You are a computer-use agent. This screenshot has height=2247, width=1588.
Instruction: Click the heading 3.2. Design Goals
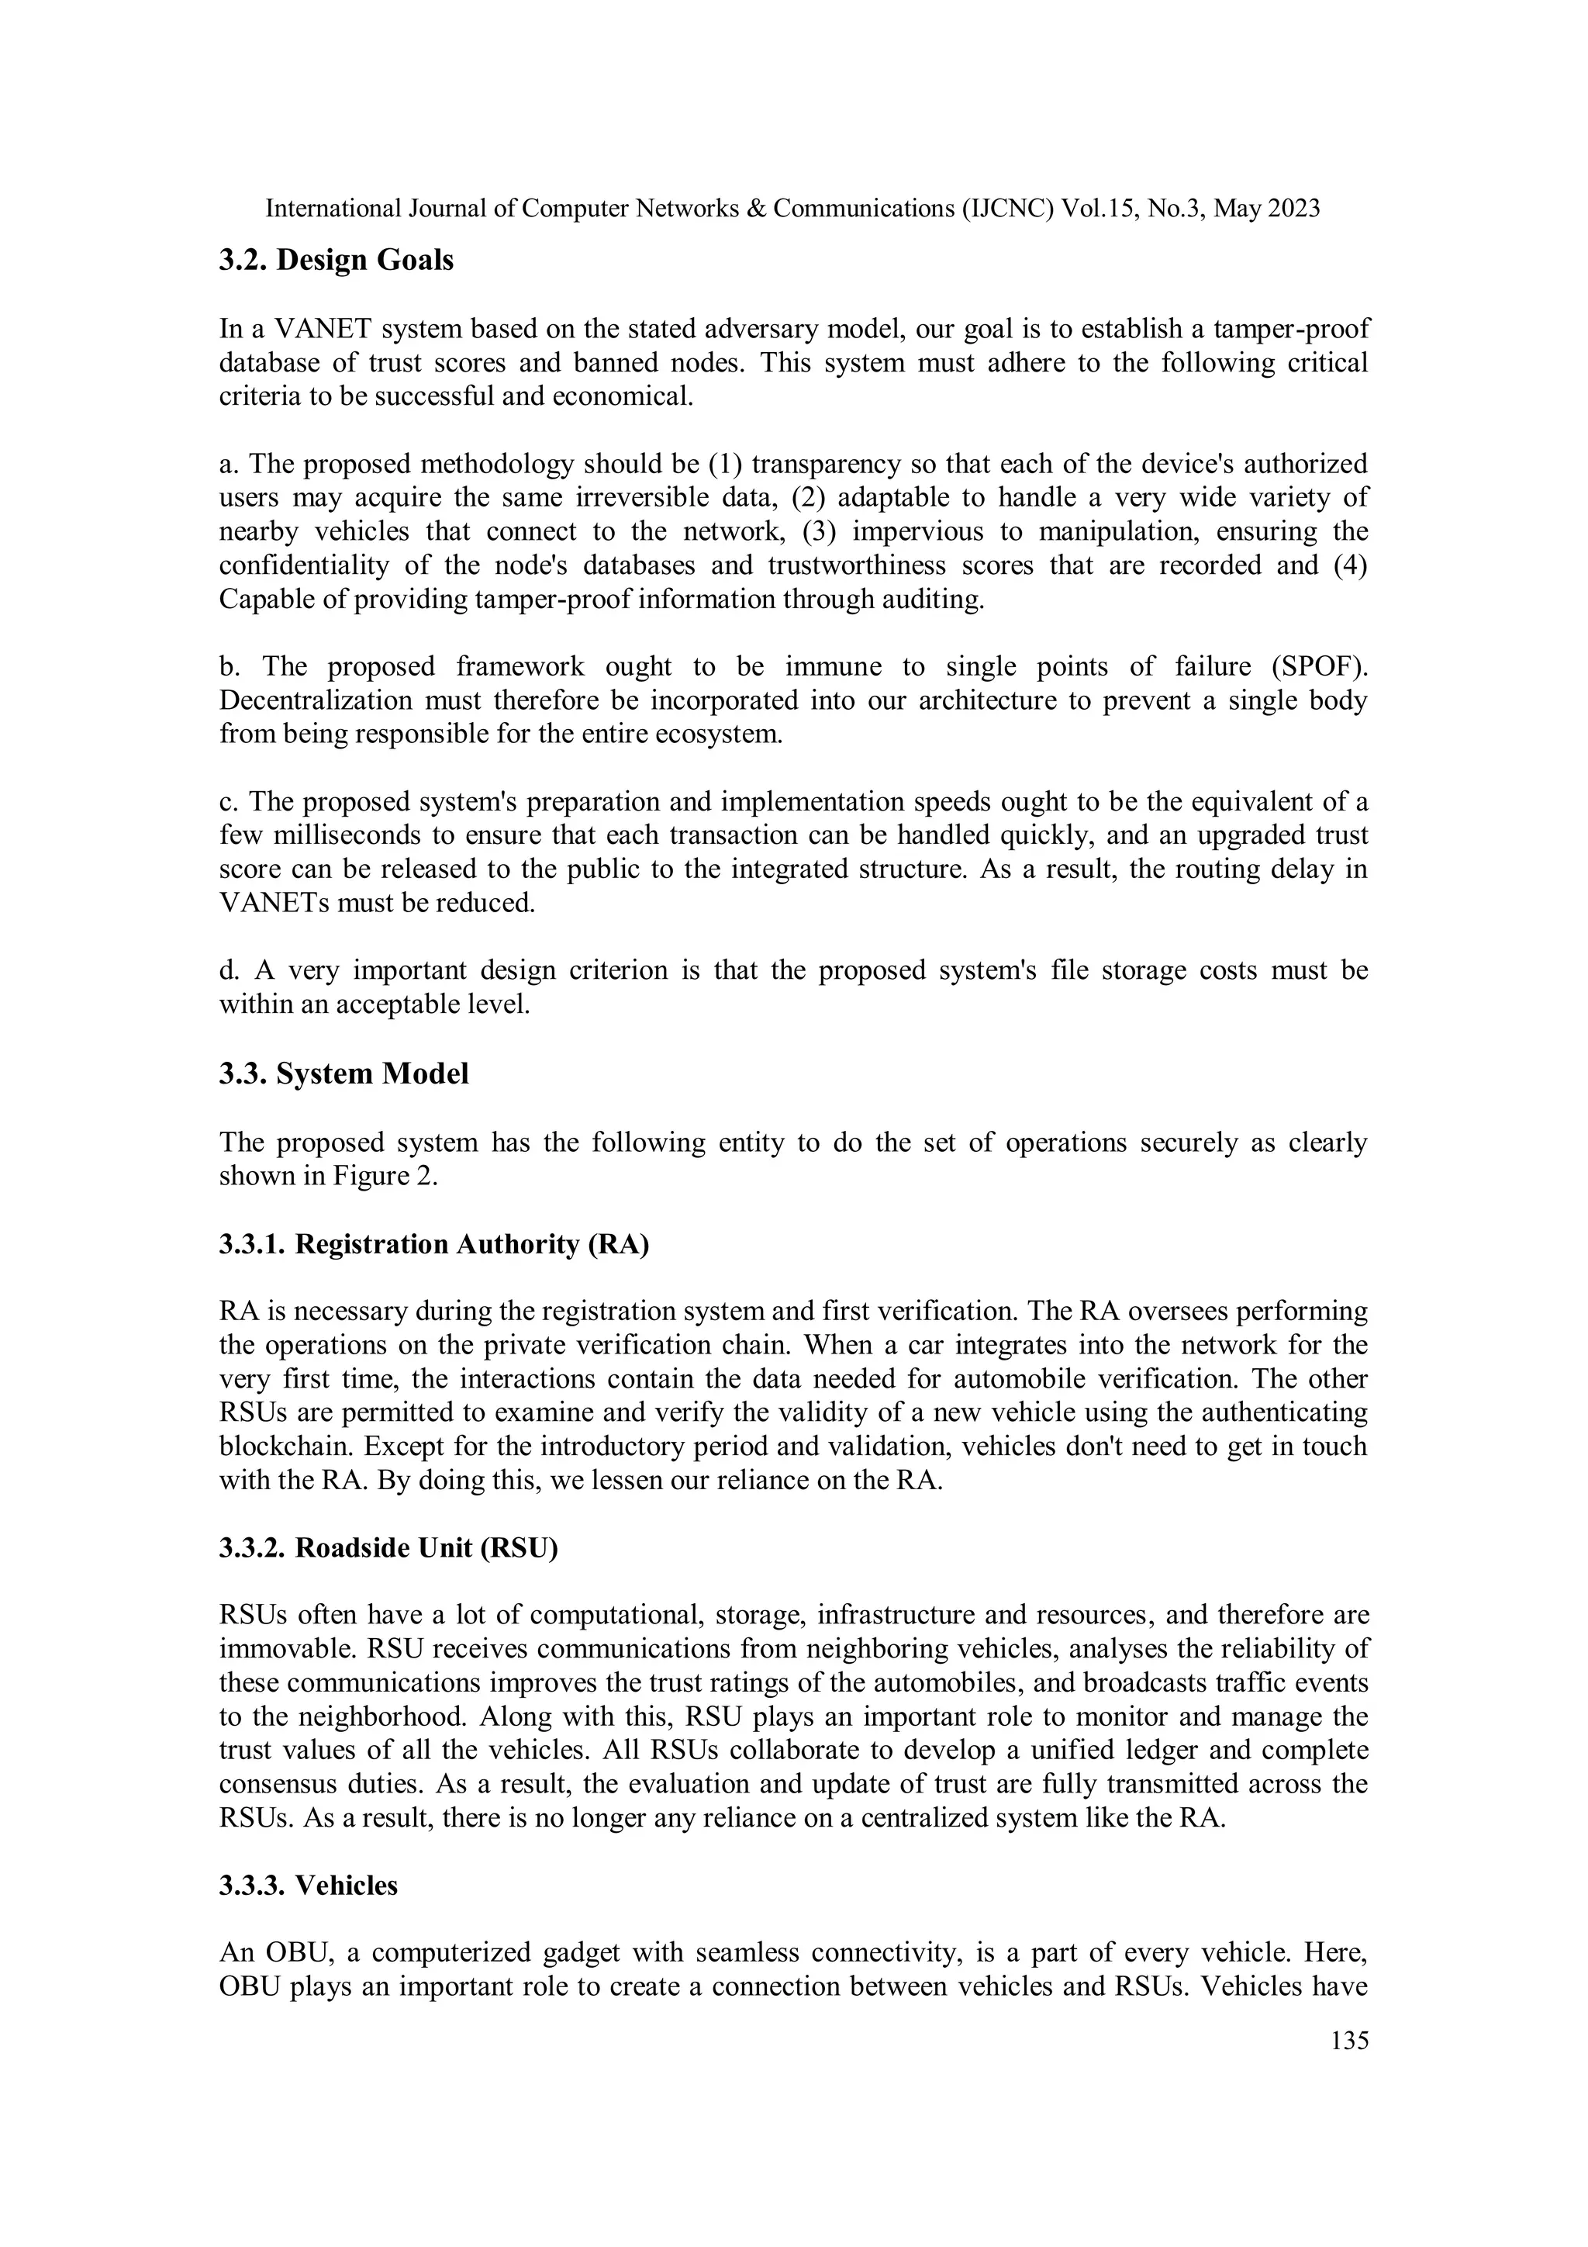(x=336, y=261)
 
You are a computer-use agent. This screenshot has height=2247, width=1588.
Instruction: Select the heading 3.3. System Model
(x=343, y=1073)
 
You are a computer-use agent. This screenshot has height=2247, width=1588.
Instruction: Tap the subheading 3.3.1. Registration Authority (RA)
(x=433, y=1244)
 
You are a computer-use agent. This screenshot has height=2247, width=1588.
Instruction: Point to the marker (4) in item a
(x=1350, y=565)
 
